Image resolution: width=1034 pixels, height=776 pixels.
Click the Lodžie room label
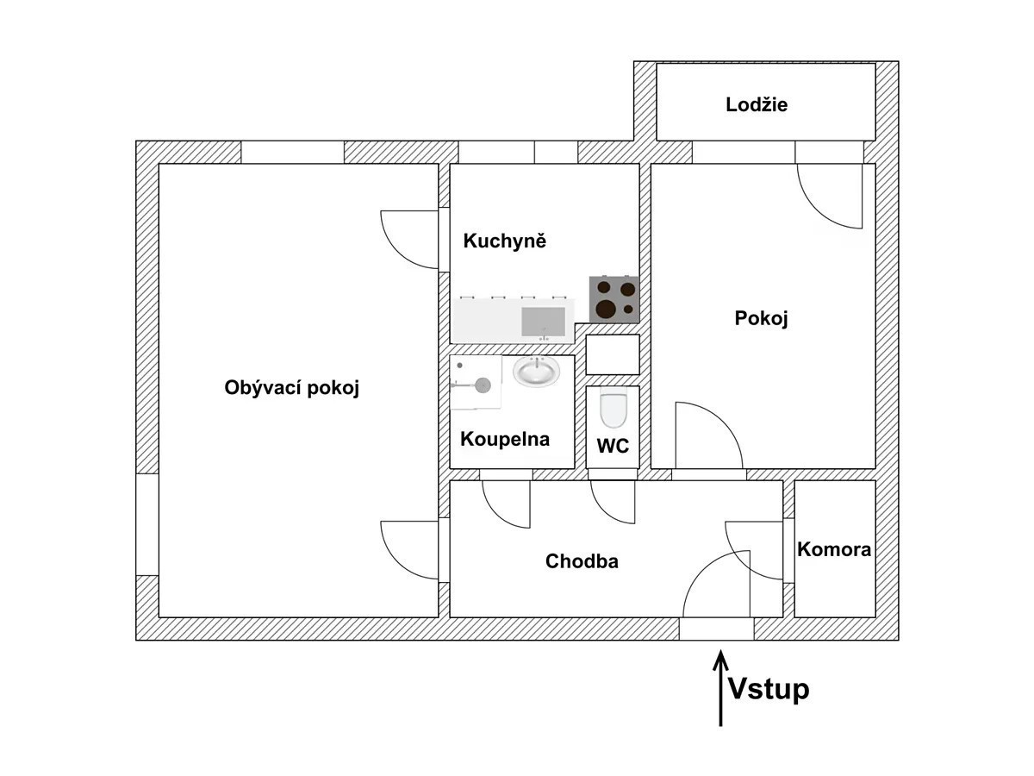[756, 104]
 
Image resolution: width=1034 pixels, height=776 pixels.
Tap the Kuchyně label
[505, 241]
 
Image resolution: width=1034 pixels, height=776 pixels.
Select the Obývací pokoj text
[291, 388]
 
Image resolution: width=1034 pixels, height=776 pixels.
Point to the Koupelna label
[505, 439]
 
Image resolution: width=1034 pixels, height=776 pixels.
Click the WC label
[613, 446]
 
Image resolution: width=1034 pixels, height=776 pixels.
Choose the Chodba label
[582, 561]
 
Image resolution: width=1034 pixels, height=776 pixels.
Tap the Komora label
[834, 549]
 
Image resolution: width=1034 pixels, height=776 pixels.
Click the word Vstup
[769, 689]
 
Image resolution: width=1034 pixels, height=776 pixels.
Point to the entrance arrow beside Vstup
[720, 689]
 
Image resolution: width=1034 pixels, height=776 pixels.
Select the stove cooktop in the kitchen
[614, 300]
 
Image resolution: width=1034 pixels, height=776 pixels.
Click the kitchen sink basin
[543, 322]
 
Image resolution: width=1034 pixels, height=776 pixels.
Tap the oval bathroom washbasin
[537, 371]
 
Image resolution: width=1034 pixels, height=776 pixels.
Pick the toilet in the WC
[613, 408]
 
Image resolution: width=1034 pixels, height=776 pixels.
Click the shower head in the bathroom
[483, 385]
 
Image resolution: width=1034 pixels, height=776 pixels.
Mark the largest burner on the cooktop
[606, 308]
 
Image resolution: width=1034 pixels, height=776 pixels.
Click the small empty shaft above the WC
[613, 354]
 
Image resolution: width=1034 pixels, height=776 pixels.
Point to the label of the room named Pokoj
[761, 319]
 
